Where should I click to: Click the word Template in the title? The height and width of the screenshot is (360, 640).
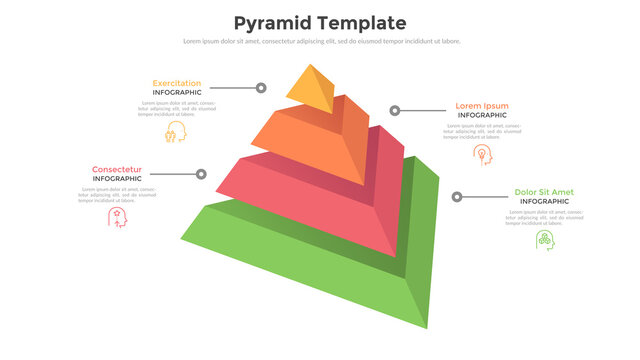point(360,22)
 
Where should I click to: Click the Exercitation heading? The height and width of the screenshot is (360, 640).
point(176,83)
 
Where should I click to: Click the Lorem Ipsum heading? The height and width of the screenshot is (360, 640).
point(481,105)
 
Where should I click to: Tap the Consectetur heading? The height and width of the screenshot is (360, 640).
point(117,169)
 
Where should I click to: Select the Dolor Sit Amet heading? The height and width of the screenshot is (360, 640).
point(543,191)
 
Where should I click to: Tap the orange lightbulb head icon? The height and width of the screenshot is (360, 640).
point(482,154)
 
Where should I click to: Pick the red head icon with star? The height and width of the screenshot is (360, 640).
point(117,217)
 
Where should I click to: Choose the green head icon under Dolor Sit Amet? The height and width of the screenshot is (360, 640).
point(544,240)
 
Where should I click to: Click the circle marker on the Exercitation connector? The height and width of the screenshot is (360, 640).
point(261,88)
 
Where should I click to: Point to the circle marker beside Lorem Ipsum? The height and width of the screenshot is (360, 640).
point(395,110)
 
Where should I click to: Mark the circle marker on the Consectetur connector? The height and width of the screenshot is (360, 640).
point(201,174)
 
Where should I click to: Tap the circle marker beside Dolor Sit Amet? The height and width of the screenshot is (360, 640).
point(457,197)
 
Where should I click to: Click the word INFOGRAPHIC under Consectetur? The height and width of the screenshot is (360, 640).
point(117,179)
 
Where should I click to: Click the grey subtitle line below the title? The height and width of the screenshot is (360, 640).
point(320,41)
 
